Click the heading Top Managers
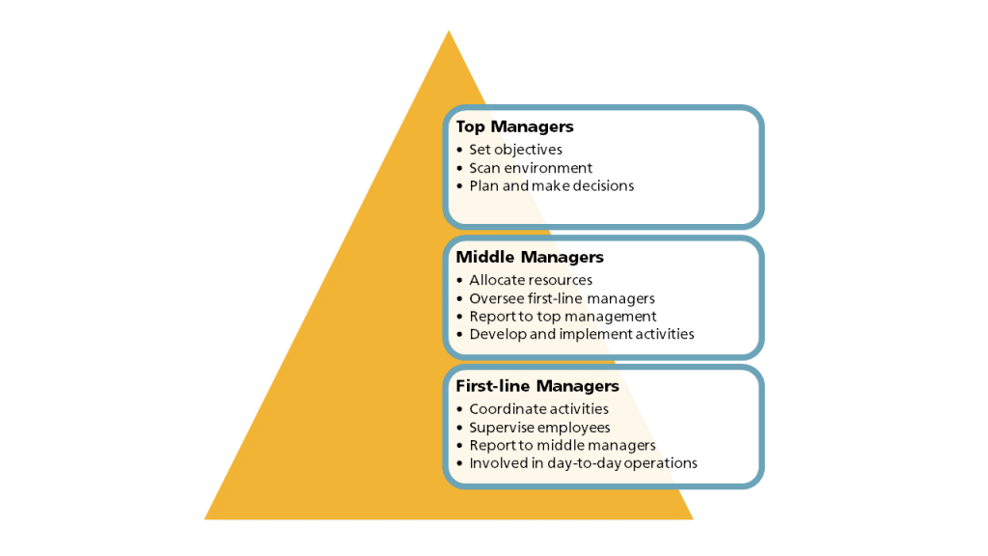point(515,126)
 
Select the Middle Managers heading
point(530,257)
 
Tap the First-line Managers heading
point(537,386)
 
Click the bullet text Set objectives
point(515,150)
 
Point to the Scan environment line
point(531,168)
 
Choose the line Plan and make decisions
point(551,186)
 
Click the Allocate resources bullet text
point(531,280)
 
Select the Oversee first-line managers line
point(563,298)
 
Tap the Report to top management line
point(563,317)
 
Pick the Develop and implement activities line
point(582,334)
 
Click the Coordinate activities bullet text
point(538,409)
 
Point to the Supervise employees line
point(539,428)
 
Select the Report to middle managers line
point(563,446)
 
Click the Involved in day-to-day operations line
point(583,463)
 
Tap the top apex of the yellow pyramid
point(449,30)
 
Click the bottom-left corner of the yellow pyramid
point(205,519)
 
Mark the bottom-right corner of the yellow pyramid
point(693,519)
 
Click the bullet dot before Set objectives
point(459,150)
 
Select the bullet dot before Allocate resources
point(459,280)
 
